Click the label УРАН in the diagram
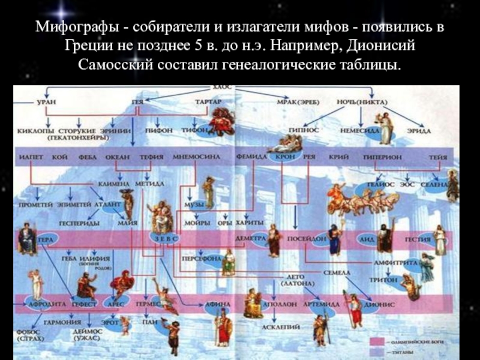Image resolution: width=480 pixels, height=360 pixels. click(x=46, y=103)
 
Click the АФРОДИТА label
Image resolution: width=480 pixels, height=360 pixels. click(x=44, y=304)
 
